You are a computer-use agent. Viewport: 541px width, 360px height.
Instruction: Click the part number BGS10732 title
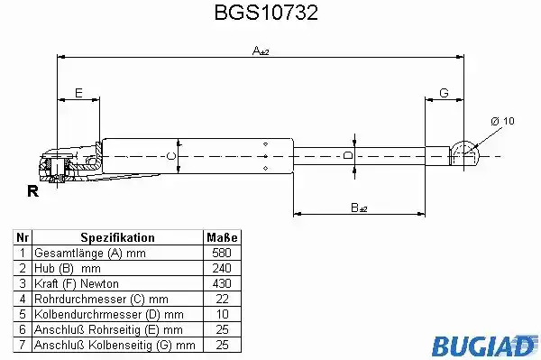[x=266, y=13]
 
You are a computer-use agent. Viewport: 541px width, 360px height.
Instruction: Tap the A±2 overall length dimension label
[x=261, y=51]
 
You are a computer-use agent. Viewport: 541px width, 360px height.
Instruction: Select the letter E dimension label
[x=78, y=93]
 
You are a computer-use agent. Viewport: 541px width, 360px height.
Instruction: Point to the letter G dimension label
[x=444, y=93]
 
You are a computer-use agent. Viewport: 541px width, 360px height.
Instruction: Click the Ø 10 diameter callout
[x=502, y=121]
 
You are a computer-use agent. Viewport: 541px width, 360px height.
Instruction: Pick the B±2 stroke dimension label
[x=359, y=208]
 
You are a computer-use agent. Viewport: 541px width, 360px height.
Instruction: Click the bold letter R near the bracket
[x=33, y=191]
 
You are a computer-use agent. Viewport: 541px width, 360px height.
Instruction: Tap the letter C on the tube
[x=170, y=156]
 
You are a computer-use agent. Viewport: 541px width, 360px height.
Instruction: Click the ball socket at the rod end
[x=464, y=153]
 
